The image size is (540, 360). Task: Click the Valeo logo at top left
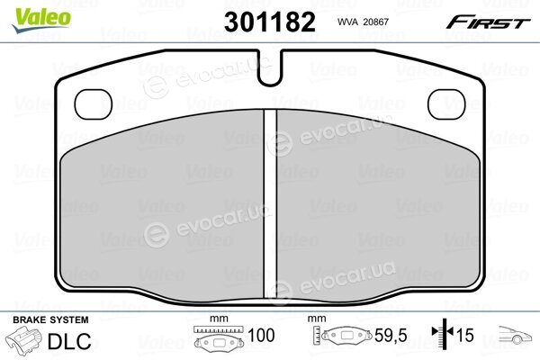pyautogui.click(x=41, y=20)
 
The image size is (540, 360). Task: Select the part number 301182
pyautogui.click(x=270, y=22)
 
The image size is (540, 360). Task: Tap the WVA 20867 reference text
pyautogui.click(x=363, y=22)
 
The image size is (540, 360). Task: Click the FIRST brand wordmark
pyautogui.click(x=489, y=22)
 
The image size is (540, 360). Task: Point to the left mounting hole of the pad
pyautogui.click(x=94, y=104)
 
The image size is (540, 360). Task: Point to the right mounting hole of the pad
pyautogui.click(x=446, y=104)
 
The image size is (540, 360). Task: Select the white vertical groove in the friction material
pyautogui.click(x=270, y=204)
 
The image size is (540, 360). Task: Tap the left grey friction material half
pyautogui.click(x=162, y=207)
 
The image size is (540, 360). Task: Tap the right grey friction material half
pyautogui.click(x=379, y=207)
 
